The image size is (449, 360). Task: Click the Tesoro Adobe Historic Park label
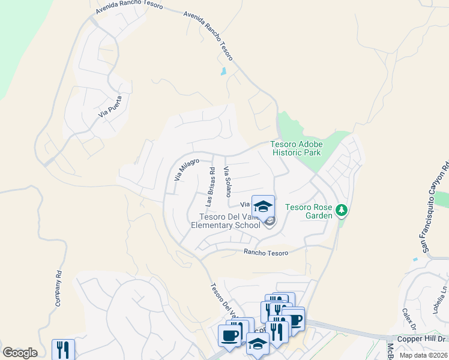tap(297, 148)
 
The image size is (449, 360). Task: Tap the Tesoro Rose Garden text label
tap(309, 211)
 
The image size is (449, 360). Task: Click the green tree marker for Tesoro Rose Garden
tap(342, 210)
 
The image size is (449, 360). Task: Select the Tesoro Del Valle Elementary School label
tap(226, 221)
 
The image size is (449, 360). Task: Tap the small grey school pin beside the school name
tap(270, 223)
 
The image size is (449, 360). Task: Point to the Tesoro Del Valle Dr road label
tap(222, 302)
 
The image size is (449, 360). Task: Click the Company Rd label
tap(59, 289)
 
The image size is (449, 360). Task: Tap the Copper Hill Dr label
tap(418, 339)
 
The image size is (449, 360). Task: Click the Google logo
tap(20, 353)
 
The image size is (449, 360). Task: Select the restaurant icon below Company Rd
tap(63, 349)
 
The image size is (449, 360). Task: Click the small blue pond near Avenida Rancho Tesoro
tap(224, 71)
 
